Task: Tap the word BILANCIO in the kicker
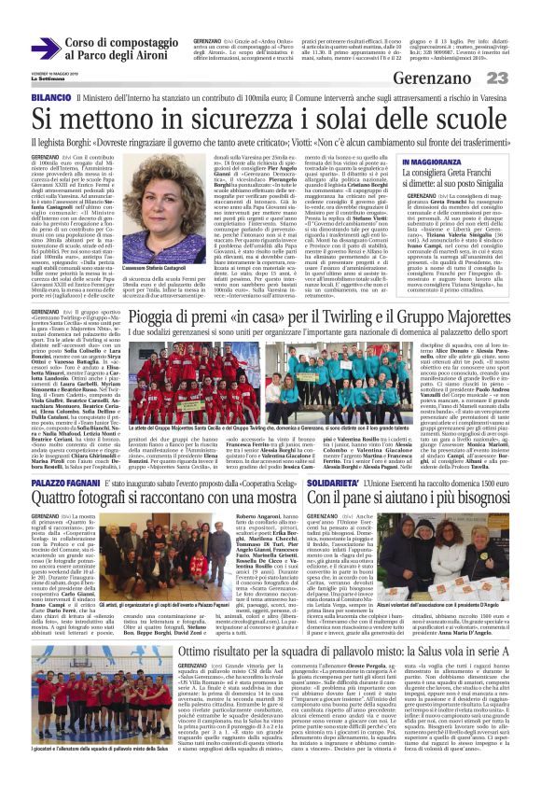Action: [52, 98]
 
